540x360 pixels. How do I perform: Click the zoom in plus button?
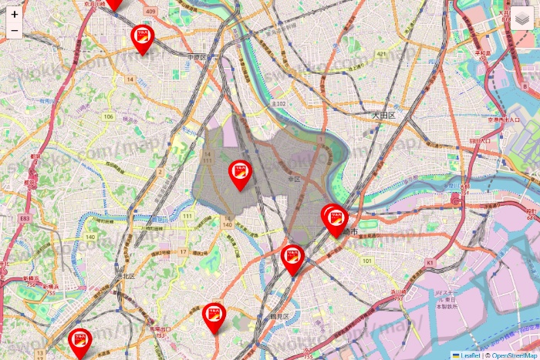point(15,14)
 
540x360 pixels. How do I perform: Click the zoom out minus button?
point(15,31)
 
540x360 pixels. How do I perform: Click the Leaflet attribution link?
point(470,355)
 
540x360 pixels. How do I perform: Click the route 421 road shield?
point(381,54)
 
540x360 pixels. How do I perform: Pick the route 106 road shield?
point(109,117)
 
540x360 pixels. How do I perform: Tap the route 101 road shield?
point(366,261)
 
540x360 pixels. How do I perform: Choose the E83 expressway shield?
point(25,219)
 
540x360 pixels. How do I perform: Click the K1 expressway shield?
point(430,264)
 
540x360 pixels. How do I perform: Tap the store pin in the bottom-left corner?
point(79,341)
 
